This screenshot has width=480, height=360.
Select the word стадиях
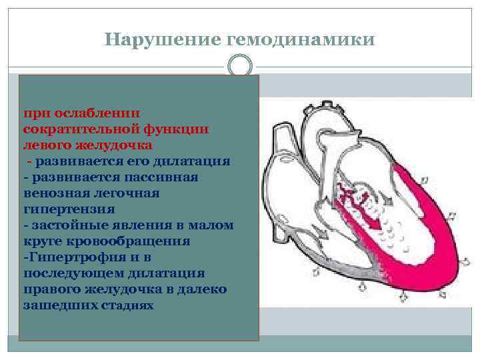[127, 305]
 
